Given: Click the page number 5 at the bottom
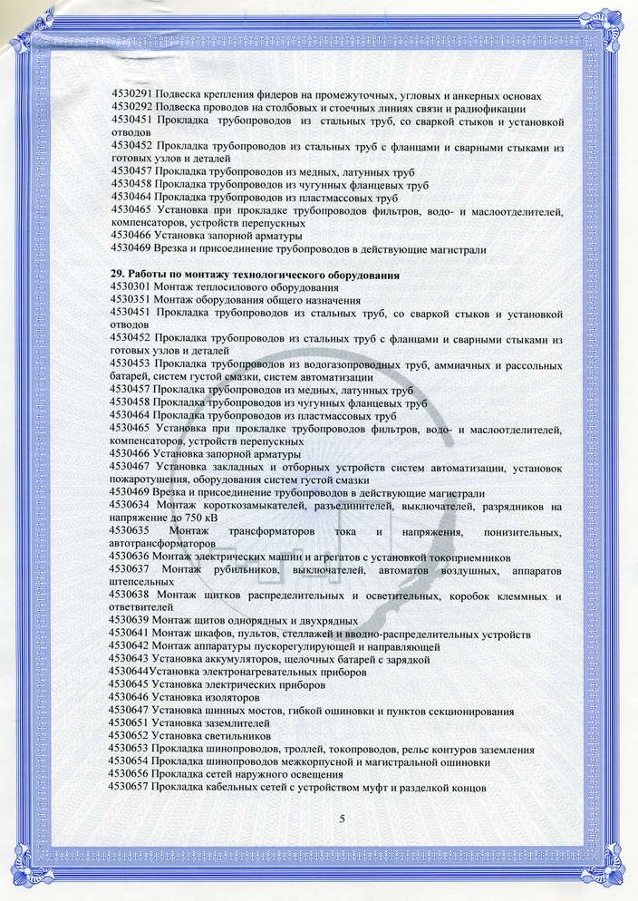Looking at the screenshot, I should point(342,819).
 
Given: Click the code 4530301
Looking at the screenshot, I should point(130,287).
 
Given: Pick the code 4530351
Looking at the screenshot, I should point(130,300).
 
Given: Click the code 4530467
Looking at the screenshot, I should point(131,468).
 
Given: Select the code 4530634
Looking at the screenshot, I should point(131,505).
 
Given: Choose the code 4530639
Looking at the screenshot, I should point(130,620).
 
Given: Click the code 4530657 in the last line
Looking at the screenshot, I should point(130,788).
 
